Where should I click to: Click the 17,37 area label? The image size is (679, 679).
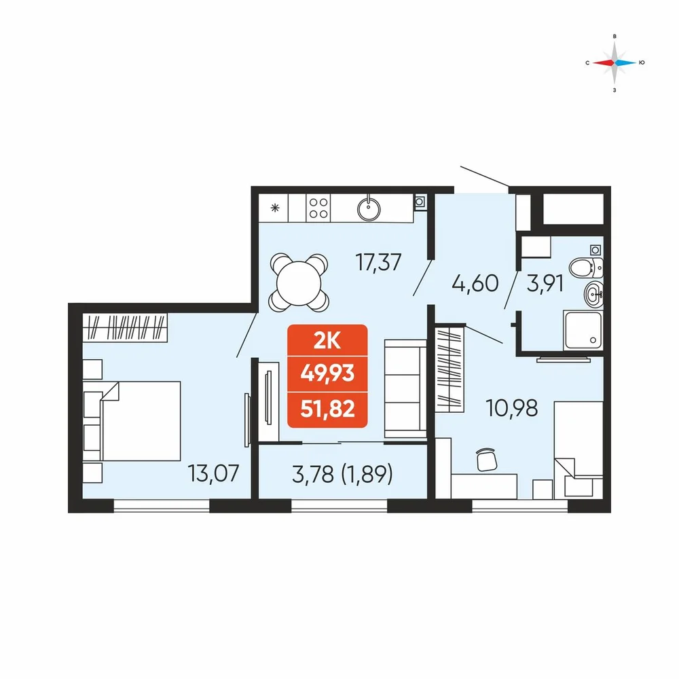pos(378,262)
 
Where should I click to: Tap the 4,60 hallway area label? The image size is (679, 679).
pos(475,284)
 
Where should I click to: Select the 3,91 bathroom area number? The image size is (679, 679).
pos(545,284)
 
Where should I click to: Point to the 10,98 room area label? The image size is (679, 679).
pos(512,408)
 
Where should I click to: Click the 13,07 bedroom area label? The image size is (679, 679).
pos(213,473)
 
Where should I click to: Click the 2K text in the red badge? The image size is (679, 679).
pos(327,342)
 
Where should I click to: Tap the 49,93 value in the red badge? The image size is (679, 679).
pos(327,373)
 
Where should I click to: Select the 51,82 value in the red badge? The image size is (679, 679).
pos(327,408)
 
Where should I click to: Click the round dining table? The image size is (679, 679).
pos(299,283)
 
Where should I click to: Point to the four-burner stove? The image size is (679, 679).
pos(318,208)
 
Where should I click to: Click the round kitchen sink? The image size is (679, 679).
pos(369,209)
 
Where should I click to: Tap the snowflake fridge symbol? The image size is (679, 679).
pos(274,208)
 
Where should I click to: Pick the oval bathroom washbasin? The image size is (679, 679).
pos(593,295)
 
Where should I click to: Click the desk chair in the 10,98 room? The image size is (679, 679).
pos(487,459)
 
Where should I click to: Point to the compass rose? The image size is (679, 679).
pos(614,62)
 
